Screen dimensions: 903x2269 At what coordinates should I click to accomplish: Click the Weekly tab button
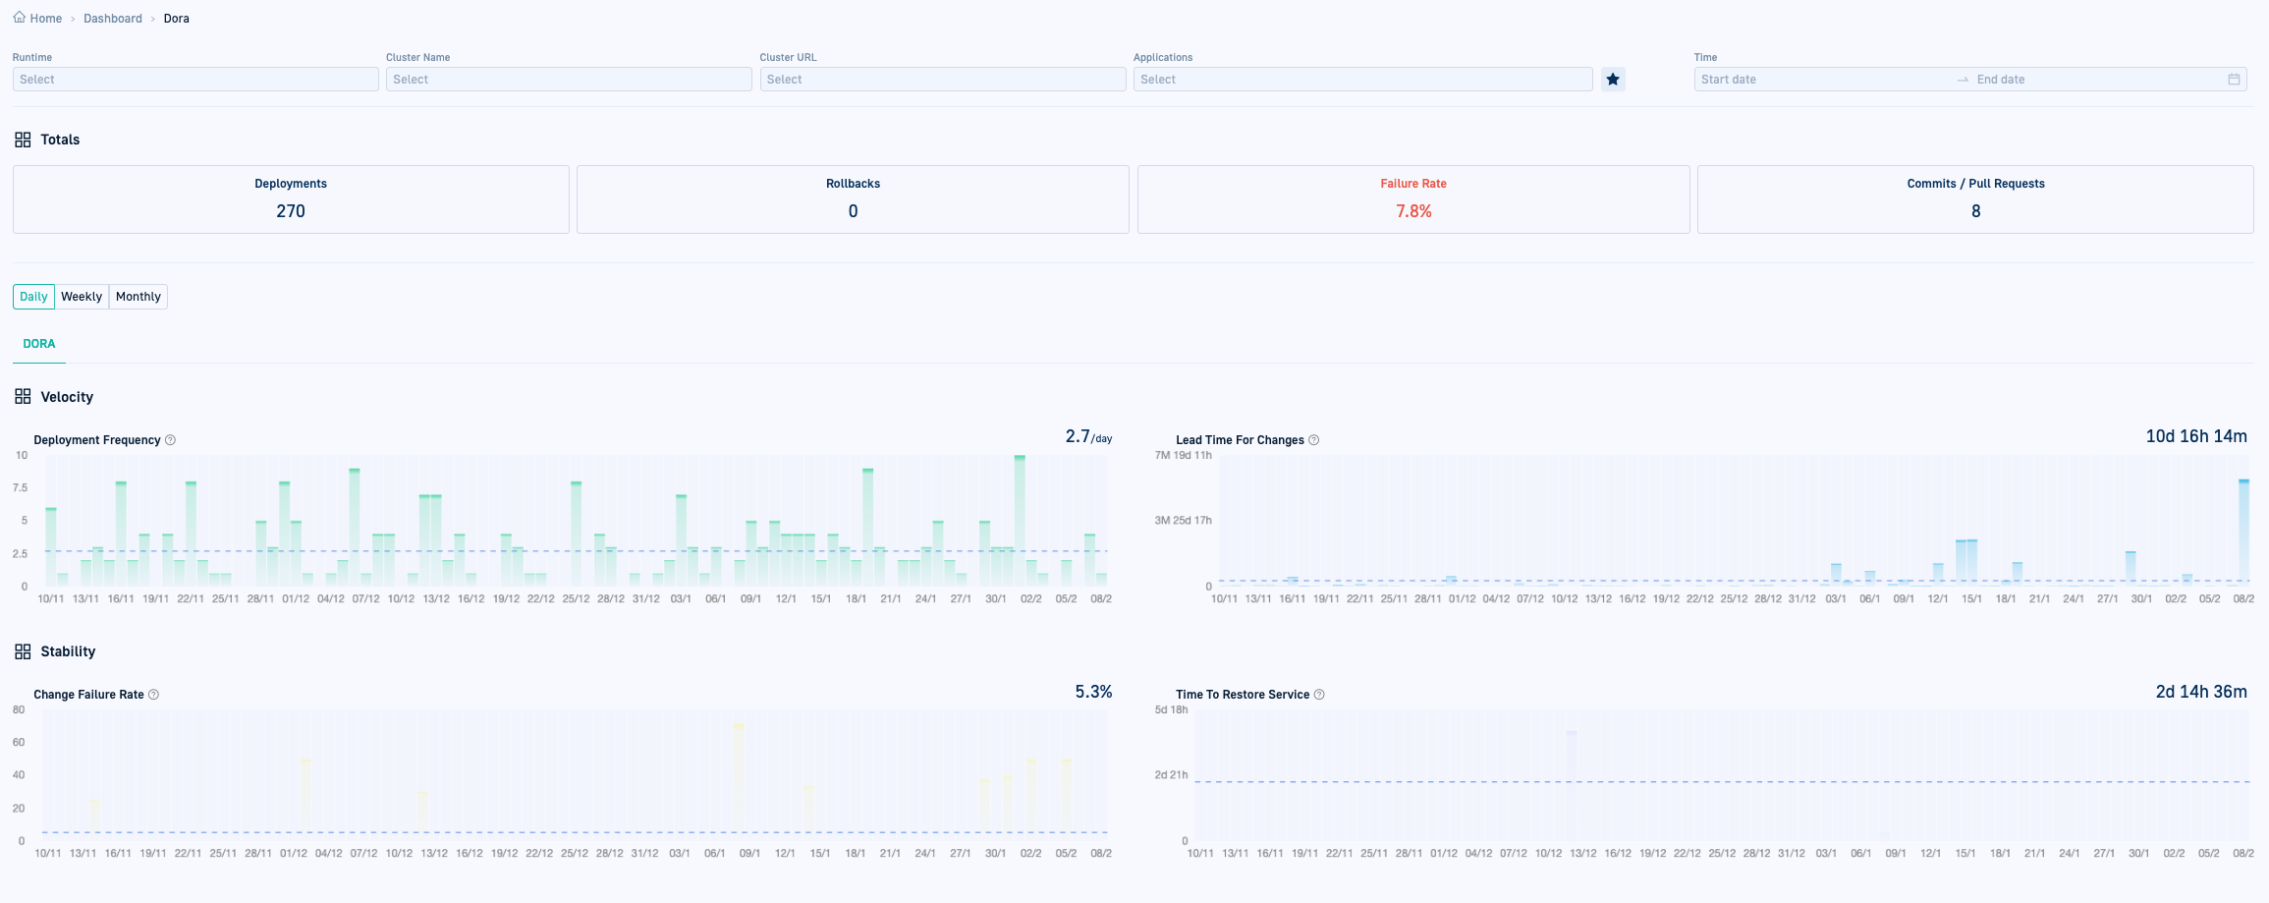point(82,297)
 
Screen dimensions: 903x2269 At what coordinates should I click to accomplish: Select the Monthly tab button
point(138,297)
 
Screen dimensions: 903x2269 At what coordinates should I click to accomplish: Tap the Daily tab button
point(33,297)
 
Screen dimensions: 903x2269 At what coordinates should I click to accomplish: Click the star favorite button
point(1613,80)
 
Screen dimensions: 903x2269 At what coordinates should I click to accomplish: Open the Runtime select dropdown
point(195,80)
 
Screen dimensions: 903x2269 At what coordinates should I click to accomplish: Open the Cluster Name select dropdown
point(569,80)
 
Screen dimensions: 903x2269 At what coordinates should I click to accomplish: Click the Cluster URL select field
point(942,80)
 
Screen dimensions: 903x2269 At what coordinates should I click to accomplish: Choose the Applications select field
point(1361,80)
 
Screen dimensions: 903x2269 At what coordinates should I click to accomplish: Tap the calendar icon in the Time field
point(2234,80)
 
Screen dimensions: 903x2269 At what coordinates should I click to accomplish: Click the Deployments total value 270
point(291,211)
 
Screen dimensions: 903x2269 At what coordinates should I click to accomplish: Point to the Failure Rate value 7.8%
point(1413,211)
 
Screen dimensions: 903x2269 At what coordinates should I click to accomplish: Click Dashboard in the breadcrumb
point(113,19)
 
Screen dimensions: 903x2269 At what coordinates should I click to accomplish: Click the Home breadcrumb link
point(45,19)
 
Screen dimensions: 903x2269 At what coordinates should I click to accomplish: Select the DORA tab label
point(39,344)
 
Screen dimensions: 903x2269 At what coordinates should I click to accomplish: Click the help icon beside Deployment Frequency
point(170,440)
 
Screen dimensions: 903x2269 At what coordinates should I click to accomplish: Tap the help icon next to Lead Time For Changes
point(1314,440)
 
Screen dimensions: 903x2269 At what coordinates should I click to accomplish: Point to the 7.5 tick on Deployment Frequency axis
point(20,488)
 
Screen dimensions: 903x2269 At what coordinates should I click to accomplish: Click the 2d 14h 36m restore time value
point(2201,692)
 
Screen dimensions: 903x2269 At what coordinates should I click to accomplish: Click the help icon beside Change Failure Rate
point(153,695)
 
